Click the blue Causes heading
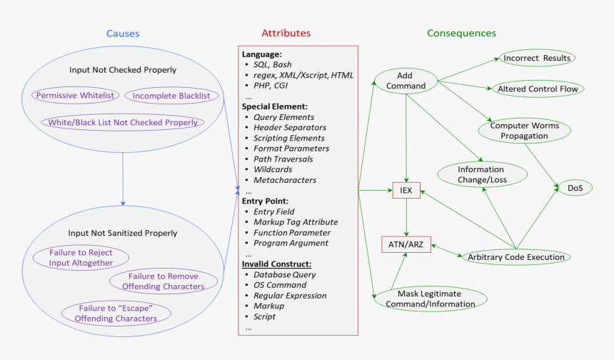coord(123,34)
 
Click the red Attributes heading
coord(286,34)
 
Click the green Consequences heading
coord(461,34)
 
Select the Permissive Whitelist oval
coord(74,96)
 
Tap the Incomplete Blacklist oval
coord(171,96)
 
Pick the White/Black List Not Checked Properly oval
coord(123,122)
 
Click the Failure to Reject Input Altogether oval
coord(81,258)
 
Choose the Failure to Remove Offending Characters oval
coord(163,281)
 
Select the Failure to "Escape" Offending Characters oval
coord(116,313)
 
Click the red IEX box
coord(406,191)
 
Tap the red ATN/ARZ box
coord(406,244)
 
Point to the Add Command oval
coord(406,81)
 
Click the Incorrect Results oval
coord(537,58)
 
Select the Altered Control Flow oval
coord(537,89)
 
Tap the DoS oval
coord(575,188)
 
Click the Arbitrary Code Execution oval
coord(515,257)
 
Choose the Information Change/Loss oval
coord(482,175)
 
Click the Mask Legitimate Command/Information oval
coord(430,299)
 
